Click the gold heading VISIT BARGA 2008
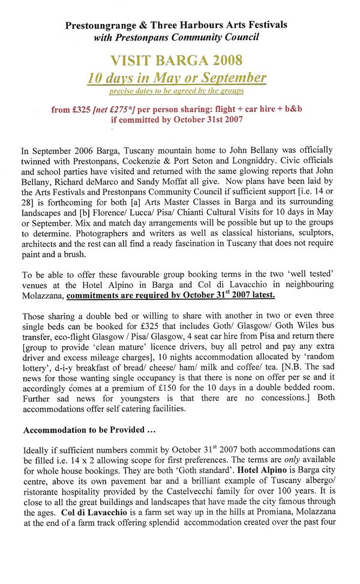pyautogui.click(x=176, y=61)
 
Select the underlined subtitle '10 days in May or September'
pyautogui.click(x=176, y=78)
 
